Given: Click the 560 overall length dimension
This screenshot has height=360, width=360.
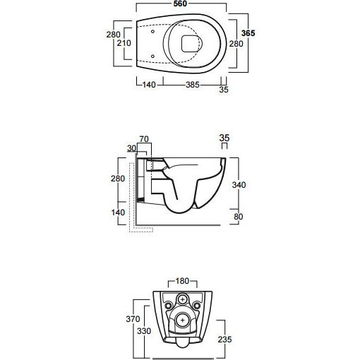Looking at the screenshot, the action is pos(180,4).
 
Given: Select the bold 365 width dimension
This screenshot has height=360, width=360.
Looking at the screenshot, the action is pos(248,33).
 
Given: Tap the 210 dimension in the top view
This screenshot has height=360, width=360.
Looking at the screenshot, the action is pos(124,43).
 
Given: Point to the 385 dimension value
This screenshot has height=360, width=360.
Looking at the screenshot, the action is pos(193,85).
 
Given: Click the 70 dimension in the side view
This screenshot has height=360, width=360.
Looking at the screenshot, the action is pos(144,139).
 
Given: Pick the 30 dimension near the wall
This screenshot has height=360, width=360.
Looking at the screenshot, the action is pos(131,148).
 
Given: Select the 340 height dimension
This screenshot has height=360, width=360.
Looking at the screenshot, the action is pos(239,185).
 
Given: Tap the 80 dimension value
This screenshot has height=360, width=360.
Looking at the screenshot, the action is pos(239,217).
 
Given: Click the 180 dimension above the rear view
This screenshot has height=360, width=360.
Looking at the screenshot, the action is pos(182,281).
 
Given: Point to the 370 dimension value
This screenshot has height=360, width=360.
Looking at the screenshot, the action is pos(133,319).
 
